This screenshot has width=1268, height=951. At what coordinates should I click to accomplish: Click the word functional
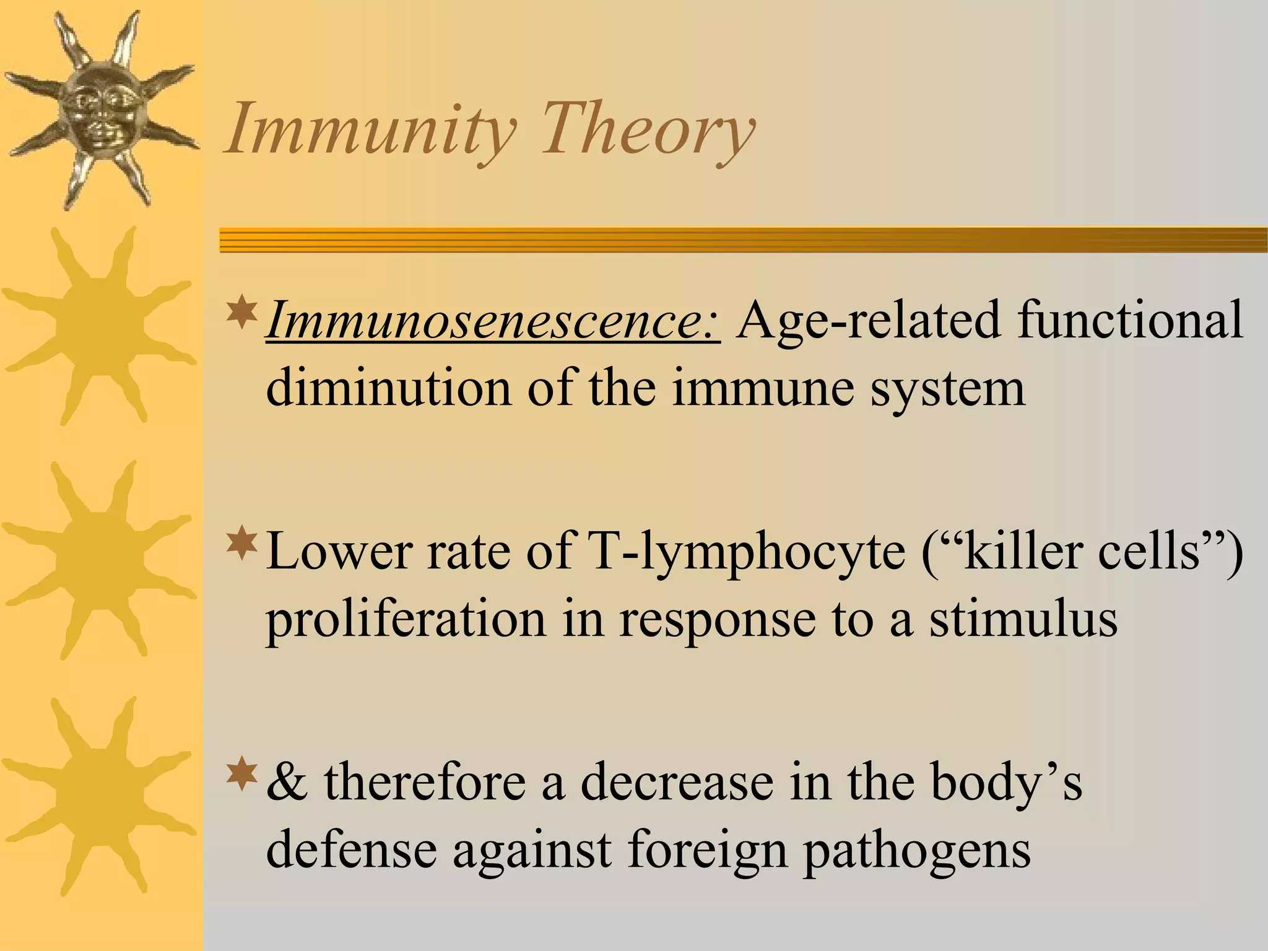pos(1130,321)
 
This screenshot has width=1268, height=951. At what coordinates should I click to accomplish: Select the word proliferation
pos(406,620)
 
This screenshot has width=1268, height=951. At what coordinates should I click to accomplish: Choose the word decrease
pos(676,783)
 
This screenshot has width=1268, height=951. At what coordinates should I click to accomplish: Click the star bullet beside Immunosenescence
pos(242,313)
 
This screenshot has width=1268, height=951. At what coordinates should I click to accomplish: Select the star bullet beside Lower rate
pos(242,541)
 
